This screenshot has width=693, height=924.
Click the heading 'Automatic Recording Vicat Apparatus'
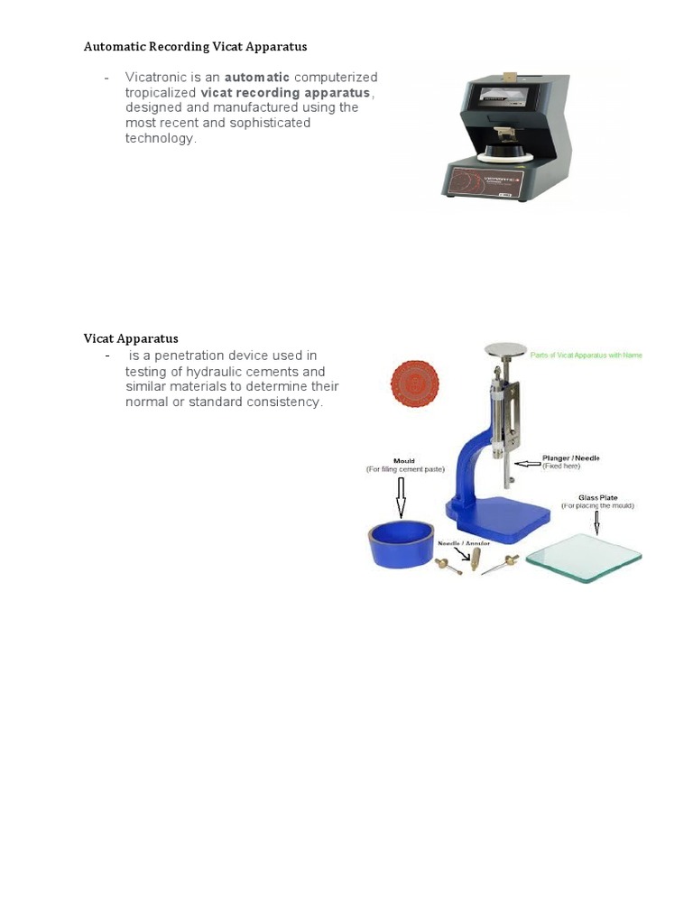[196, 46]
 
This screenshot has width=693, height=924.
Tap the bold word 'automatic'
[257, 78]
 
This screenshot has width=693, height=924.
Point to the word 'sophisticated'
[270, 123]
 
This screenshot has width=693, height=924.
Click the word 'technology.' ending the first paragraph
[161, 138]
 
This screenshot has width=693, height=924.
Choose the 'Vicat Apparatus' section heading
[131, 339]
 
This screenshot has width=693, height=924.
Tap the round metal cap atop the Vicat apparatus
[505, 349]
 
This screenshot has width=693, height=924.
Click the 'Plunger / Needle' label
[570, 458]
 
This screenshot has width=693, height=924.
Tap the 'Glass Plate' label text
[596, 497]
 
